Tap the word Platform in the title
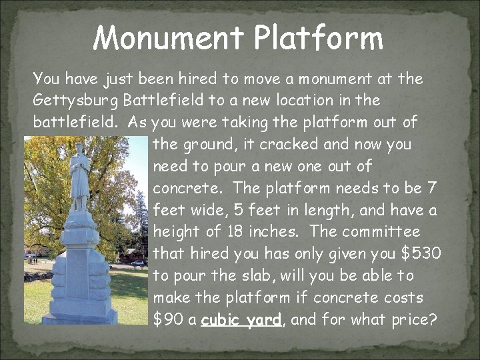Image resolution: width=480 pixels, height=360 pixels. (319, 38)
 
